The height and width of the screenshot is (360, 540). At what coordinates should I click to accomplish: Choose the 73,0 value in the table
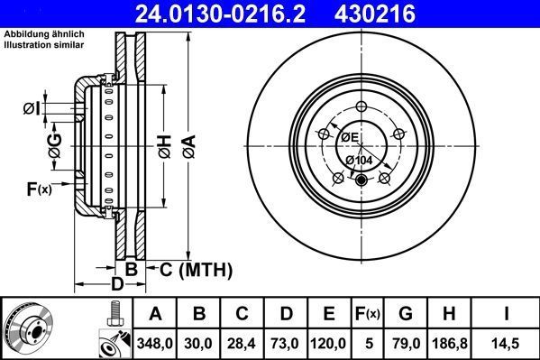pos(287,343)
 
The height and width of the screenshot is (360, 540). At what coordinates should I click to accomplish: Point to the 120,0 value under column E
pos(330,343)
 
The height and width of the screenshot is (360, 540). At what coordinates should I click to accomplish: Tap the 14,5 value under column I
pos(510,343)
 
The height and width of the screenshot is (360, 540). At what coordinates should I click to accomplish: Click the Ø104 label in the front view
pos(360,160)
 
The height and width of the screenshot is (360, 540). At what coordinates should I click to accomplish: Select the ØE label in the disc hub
pos(349,137)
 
